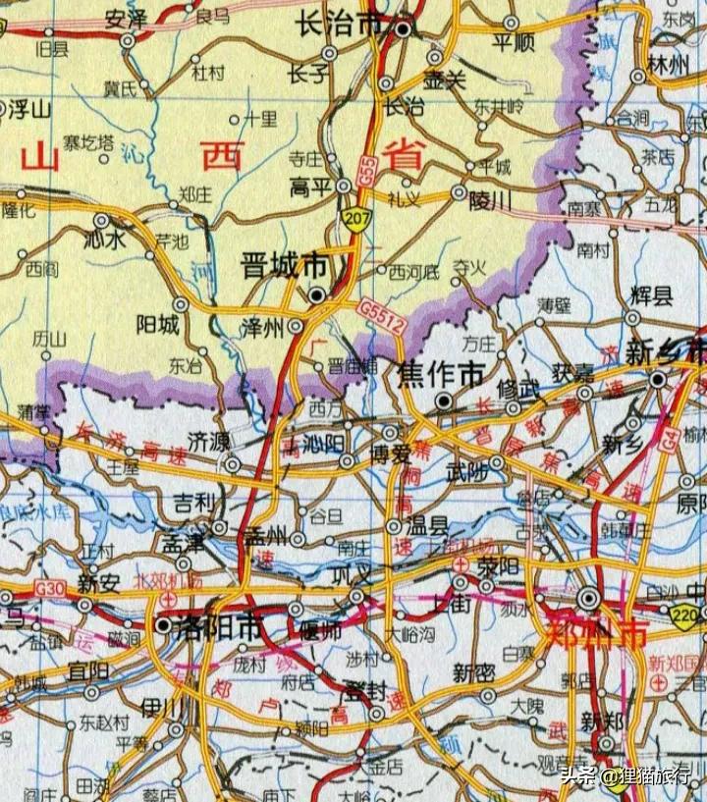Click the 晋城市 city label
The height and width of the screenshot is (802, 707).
[x=285, y=265]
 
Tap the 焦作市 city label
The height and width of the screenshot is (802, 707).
[x=441, y=373]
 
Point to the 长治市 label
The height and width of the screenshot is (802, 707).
[x=339, y=29]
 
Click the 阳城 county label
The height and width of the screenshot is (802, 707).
[x=157, y=324]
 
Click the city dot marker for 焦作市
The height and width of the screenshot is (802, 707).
[x=445, y=401]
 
